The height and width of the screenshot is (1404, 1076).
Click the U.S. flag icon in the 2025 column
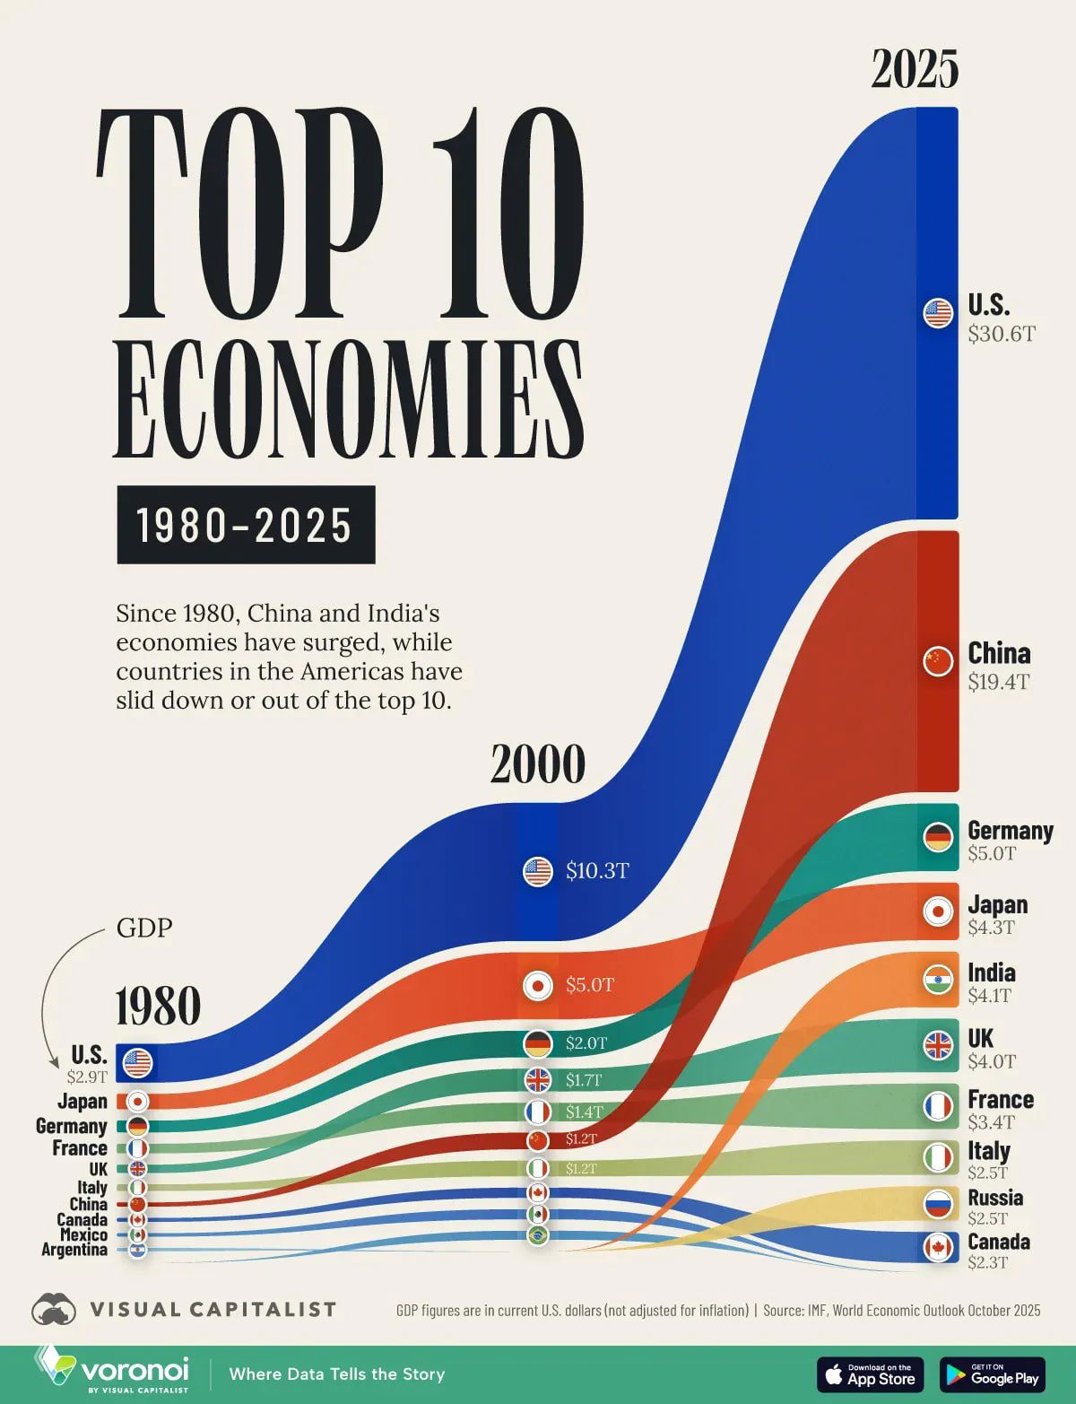click(938, 313)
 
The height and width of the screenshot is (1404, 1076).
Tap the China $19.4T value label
click(998, 682)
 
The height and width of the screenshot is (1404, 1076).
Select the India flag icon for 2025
click(938, 980)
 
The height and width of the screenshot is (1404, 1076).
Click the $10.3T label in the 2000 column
click(597, 871)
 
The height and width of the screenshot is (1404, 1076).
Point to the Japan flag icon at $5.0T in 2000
click(538, 985)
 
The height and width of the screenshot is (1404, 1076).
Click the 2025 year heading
click(915, 69)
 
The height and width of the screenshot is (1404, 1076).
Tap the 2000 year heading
click(537, 764)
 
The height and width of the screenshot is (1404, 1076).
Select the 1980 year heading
click(158, 1006)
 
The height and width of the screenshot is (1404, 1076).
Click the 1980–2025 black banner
click(246, 525)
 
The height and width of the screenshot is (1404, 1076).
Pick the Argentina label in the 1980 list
click(74, 1250)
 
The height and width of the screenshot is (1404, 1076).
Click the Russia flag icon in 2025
click(938, 1204)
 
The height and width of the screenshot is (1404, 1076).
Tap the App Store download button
click(869, 1374)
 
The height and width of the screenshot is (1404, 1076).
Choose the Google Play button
click(992, 1374)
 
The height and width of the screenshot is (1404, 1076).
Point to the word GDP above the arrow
click(144, 928)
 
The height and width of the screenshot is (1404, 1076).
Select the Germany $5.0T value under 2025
click(992, 853)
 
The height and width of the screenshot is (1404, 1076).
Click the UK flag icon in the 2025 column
click(938, 1046)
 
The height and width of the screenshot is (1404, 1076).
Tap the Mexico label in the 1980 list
click(83, 1234)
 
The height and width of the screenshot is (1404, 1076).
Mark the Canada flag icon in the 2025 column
click(938, 1247)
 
